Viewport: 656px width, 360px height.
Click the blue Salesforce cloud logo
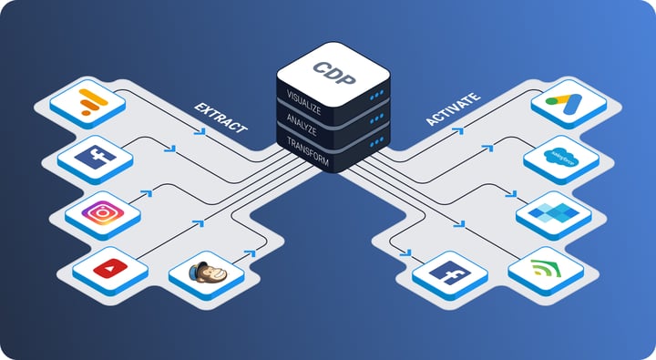(x=560, y=156)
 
